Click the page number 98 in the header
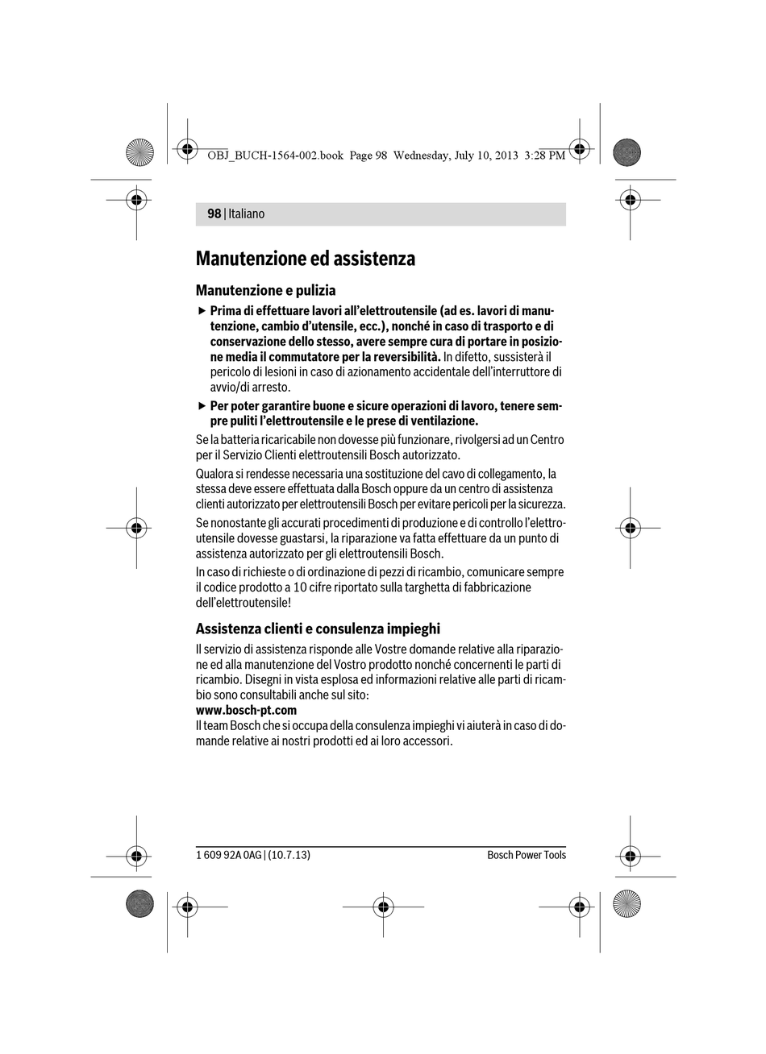(214, 214)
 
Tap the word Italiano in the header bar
(246, 214)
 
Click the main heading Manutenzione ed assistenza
(305, 259)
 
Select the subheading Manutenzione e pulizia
(265, 290)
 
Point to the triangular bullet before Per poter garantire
(202, 406)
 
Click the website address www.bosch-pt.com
(246, 710)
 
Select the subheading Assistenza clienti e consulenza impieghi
(318, 629)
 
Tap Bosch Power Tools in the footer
(526, 855)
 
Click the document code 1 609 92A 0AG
(229, 855)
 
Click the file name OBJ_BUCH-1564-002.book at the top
(275, 156)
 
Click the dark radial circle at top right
(627, 151)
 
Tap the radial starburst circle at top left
(139, 151)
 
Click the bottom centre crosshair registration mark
(383, 907)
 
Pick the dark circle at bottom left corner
(139, 903)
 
